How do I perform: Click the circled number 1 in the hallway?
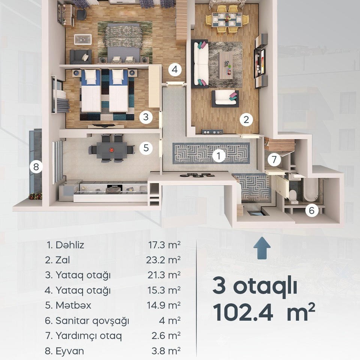click(x=219, y=156)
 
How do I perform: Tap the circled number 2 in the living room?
click(x=246, y=120)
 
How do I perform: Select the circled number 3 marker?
click(x=146, y=117)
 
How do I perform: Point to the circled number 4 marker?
click(x=175, y=69)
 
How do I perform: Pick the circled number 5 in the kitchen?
click(x=146, y=148)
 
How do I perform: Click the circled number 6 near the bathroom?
click(x=312, y=210)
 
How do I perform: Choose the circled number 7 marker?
click(x=274, y=159)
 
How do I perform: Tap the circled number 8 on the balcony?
click(x=36, y=166)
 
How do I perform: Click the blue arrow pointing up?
click(x=262, y=248)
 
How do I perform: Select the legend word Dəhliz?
click(x=70, y=245)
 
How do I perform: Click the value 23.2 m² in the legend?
click(x=163, y=260)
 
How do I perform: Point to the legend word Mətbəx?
click(x=73, y=305)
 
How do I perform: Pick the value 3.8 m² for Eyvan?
click(x=166, y=351)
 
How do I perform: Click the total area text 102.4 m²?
click(x=264, y=312)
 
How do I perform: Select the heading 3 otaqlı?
click(x=255, y=287)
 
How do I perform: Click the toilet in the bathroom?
click(x=292, y=196)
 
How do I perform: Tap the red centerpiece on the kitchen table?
click(x=111, y=150)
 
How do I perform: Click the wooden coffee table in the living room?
click(x=225, y=65)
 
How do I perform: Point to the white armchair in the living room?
click(x=225, y=99)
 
